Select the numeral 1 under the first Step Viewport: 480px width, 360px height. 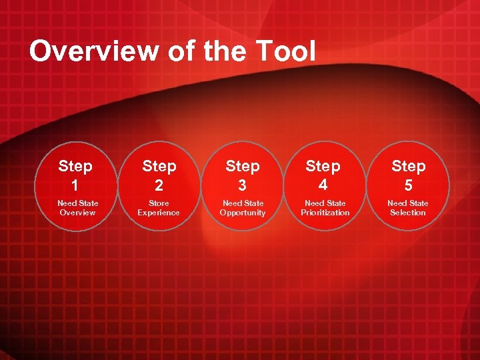[x=75, y=185]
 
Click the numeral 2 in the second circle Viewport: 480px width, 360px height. [x=159, y=185]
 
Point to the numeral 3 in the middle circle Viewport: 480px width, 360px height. [x=242, y=185]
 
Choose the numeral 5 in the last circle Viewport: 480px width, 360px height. [x=408, y=185]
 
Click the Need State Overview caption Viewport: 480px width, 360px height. [x=77, y=207]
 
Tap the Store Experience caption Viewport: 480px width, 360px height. [x=159, y=207]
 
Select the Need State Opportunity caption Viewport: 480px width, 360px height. [x=243, y=207]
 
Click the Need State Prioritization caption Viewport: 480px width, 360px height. [x=325, y=207]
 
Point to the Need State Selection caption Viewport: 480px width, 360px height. [x=408, y=207]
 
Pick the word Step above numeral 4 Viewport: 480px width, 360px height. [x=323, y=166]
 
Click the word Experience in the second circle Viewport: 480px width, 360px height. [x=159, y=213]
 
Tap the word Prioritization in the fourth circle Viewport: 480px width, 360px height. [x=325, y=213]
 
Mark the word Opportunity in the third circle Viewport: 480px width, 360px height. [x=243, y=213]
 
